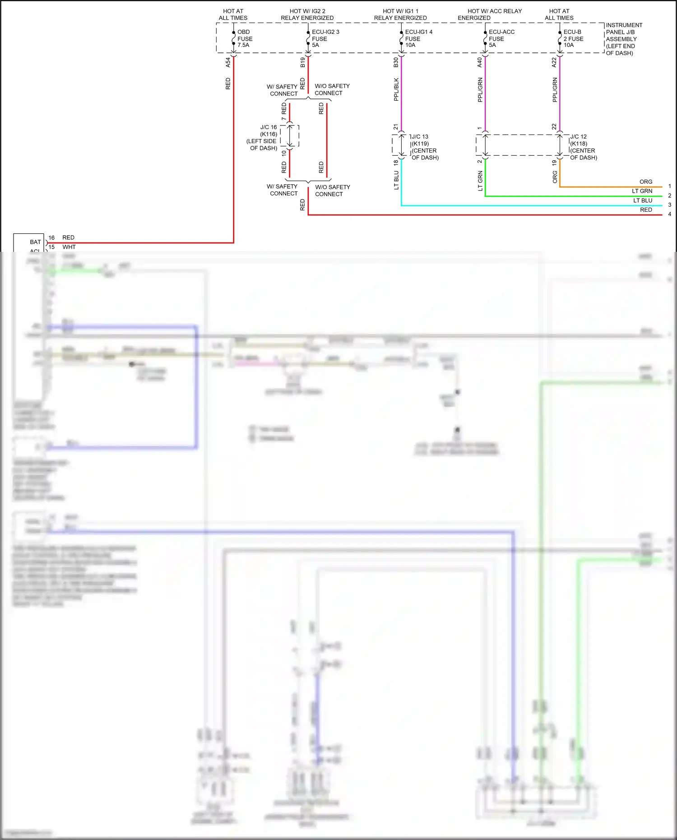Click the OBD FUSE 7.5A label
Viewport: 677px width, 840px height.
click(245, 39)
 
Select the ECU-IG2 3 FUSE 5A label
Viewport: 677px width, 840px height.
click(325, 39)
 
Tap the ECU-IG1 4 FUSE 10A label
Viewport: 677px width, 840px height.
click(418, 39)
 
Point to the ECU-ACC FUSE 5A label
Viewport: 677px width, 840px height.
click(501, 39)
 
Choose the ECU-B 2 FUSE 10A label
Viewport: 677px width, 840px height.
click(573, 39)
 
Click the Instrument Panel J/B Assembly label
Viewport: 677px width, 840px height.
click(624, 39)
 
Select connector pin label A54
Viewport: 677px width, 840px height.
click(228, 62)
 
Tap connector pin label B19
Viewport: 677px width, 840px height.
click(302, 62)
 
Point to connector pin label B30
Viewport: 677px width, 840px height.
click(396, 62)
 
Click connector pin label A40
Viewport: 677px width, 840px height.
click(479, 62)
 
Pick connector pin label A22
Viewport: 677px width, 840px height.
click(554, 62)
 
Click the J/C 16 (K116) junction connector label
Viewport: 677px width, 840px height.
click(263, 138)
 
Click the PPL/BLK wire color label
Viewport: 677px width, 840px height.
click(396, 89)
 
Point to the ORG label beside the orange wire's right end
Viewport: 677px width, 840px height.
click(645, 182)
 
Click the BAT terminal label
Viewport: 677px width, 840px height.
click(35, 242)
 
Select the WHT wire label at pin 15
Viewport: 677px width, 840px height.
click(69, 247)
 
